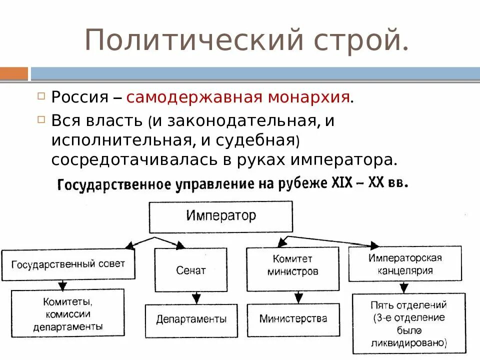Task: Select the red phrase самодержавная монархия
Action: click(x=238, y=96)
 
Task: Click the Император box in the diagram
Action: click(x=221, y=216)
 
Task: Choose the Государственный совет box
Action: click(x=68, y=264)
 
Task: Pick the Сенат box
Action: click(x=190, y=270)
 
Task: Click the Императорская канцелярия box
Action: click(x=405, y=264)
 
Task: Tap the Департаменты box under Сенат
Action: click(x=191, y=319)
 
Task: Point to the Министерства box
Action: click(x=293, y=318)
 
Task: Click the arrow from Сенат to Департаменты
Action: click(x=195, y=298)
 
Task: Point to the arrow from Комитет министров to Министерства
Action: click(x=298, y=297)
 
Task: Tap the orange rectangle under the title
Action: click(x=14, y=73)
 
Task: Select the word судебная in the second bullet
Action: click(x=255, y=140)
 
